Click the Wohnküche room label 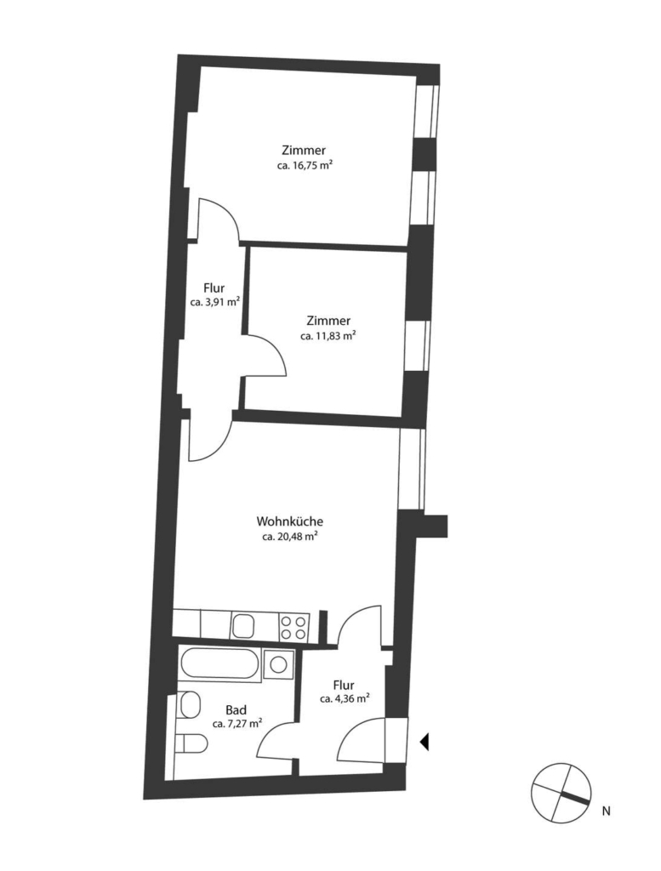289,521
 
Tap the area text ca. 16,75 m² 305,165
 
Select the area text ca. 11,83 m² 328,335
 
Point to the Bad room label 236,710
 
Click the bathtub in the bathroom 219,663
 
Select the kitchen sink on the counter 243,625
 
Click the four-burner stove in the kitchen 293,625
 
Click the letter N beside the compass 606,811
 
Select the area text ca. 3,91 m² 215,302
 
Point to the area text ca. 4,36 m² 345,699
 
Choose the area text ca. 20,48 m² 289,537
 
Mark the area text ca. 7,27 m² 237,724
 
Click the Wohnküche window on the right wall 412,469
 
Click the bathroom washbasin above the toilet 190,703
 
